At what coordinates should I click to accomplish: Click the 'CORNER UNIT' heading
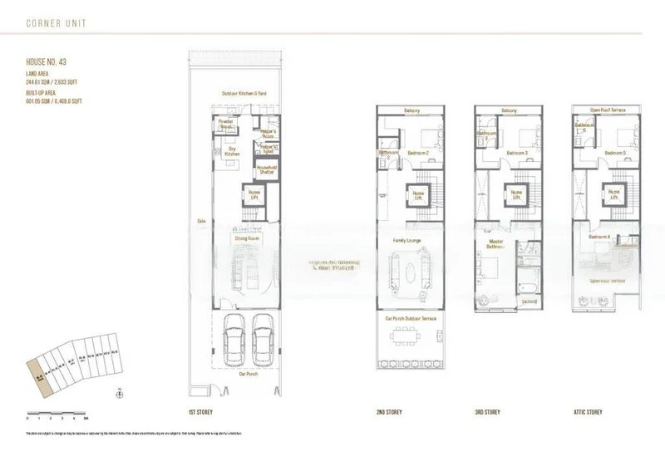click(56, 22)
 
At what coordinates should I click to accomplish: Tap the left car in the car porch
click(234, 341)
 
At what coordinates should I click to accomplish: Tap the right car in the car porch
click(264, 341)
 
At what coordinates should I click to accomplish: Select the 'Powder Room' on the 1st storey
click(225, 124)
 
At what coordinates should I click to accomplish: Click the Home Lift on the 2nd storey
click(419, 195)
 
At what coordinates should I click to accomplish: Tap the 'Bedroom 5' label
click(615, 153)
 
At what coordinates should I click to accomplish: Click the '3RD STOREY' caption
click(486, 412)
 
